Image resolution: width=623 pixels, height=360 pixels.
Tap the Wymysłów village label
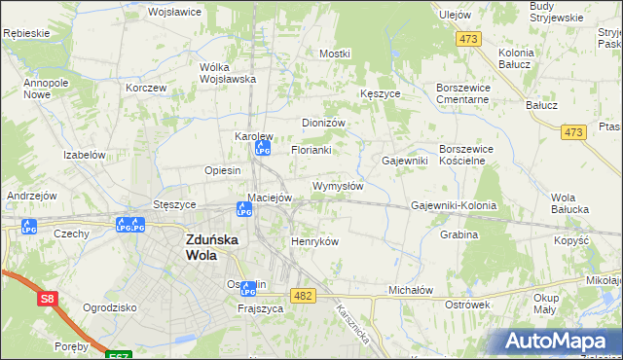coord(338,186)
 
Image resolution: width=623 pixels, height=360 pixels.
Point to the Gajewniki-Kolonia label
coord(454,206)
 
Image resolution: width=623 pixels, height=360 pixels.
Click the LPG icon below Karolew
coord(261,149)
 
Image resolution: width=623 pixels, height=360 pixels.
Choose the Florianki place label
coord(311,151)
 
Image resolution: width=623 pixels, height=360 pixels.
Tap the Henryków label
coord(314,241)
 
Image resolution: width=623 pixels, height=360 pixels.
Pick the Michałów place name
coord(410,290)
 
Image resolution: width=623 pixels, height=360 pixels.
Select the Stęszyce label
coord(175,205)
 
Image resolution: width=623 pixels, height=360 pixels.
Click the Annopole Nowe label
coord(43,90)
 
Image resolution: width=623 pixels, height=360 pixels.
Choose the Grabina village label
coord(458,234)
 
